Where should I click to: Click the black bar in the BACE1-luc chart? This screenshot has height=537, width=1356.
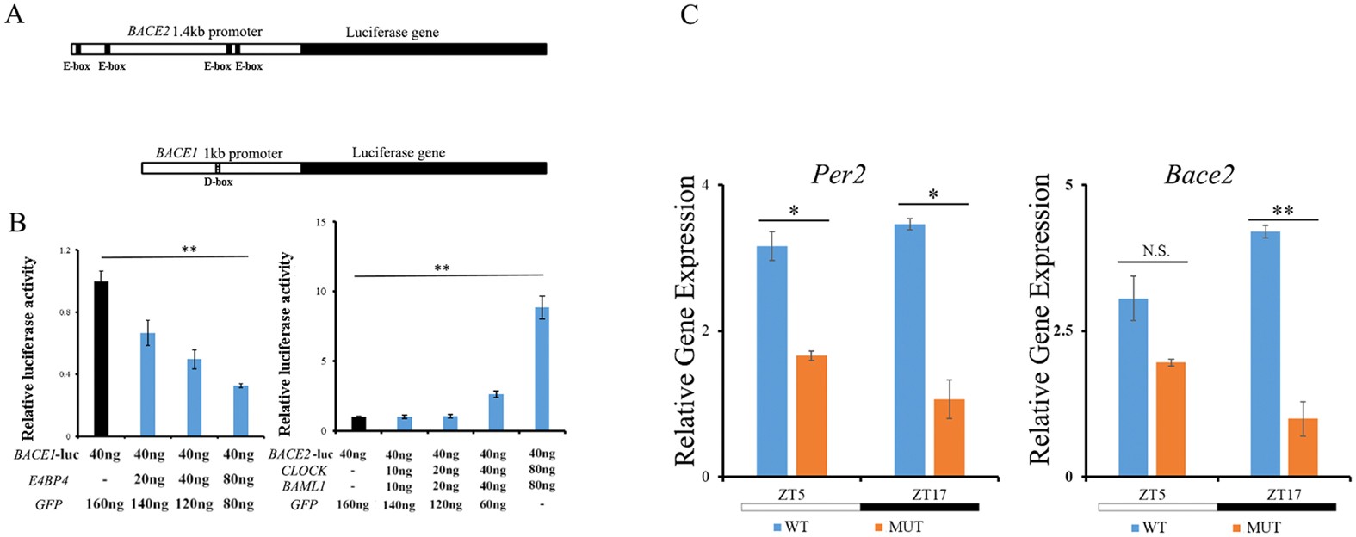pyautogui.click(x=101, y=359)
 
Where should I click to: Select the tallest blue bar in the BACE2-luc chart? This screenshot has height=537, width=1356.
pyautogui.click(x=542, y=369)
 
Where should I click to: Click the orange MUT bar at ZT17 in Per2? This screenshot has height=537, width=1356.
pyautogui.click(x=949, y=438)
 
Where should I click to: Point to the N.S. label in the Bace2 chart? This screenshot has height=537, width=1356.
pyautogui.click(x=1156, y=251)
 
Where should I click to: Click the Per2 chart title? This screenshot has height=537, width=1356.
pyautogui.click(x=838, y=175)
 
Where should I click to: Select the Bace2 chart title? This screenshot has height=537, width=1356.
pyautogui.click(x=1198, y=175)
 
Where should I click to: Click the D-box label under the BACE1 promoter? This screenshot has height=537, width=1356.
pyautogui.click(x=218, y=182)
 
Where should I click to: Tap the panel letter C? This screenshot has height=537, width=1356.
pyautogui.click(x=689, y=15)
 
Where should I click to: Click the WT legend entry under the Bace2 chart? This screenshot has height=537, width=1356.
pyautogui.click(x=1147, y=527)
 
